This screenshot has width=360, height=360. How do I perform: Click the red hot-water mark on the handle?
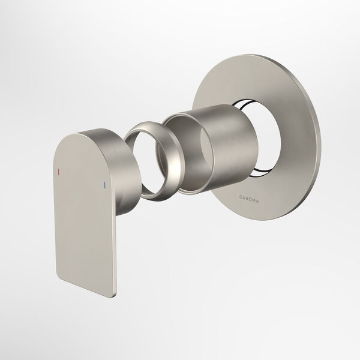(x=59, y=172)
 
